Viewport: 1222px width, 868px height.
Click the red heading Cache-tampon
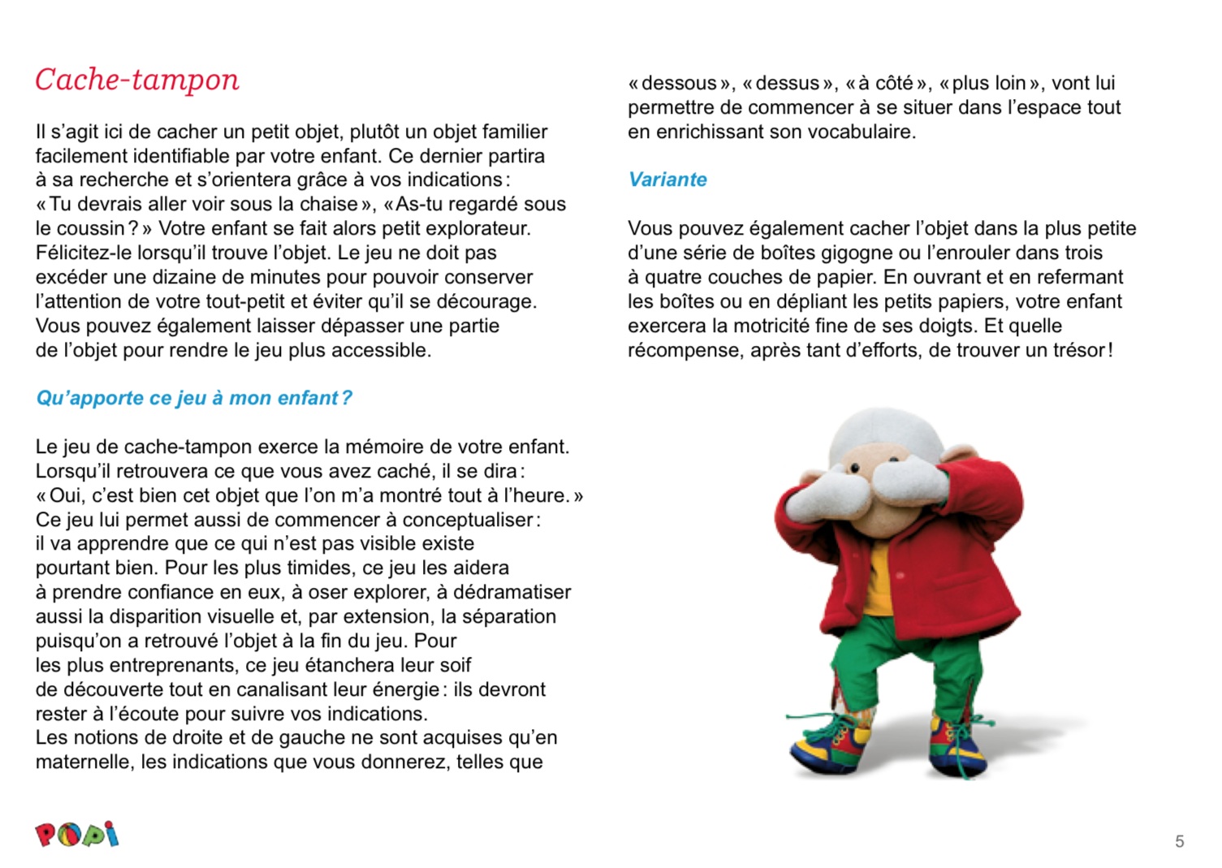[137, 80]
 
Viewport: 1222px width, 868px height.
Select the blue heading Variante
[667, 179]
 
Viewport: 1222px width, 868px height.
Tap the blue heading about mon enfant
[194, 398]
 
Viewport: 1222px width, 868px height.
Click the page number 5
[1179, 841]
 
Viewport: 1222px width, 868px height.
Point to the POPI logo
[77, 835]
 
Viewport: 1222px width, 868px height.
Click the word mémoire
[395, 447]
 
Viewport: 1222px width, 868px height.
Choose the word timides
[313, 568]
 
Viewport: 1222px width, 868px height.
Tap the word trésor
[1075, 350]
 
